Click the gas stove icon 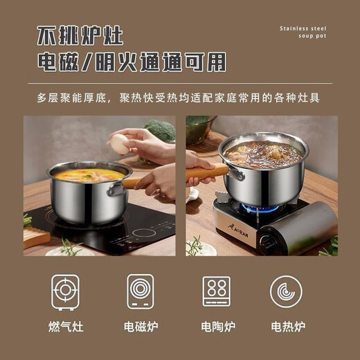(x=65, y=291)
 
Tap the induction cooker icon (x=141, y=291)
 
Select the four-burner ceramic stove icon (x=216, y=291)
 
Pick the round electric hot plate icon (x=286, y=291)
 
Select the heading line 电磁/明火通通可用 (x=131, y=63)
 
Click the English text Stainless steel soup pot (x=303, y=32)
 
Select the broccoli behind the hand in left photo (x=160, y=130)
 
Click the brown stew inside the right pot (x=263, y=154)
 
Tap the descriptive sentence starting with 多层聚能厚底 (x=179, y=98)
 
